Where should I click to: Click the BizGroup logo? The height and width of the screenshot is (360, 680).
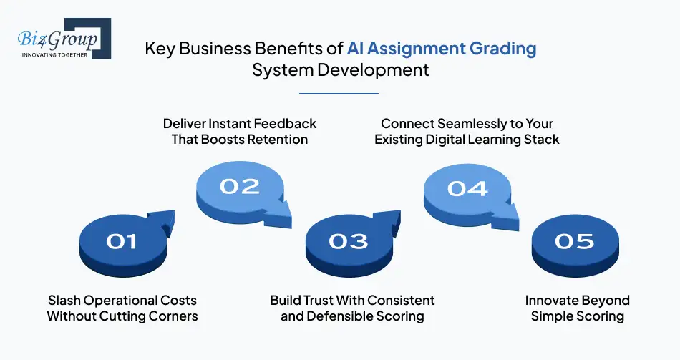tap(64, 38)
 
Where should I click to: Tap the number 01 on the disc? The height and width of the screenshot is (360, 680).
tap(122, 242)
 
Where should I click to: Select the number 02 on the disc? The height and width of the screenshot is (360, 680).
tap(240, 187)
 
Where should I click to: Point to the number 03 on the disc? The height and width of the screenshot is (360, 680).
tap(349, 242)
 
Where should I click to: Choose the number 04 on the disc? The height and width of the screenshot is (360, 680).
tap(467, 189)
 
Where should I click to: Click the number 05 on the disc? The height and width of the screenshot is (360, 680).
tap(575, 242)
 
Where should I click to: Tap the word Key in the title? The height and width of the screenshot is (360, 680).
tap(160, 49)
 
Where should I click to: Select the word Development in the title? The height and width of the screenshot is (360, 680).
tap(373, 70)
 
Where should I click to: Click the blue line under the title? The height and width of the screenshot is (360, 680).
tap(339, 93)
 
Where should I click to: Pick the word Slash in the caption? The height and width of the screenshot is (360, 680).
tap(64, 300)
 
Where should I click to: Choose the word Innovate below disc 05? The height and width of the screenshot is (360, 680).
tap(551, 300)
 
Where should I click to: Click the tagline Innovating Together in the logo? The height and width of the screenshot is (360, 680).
tap(54, 54)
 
